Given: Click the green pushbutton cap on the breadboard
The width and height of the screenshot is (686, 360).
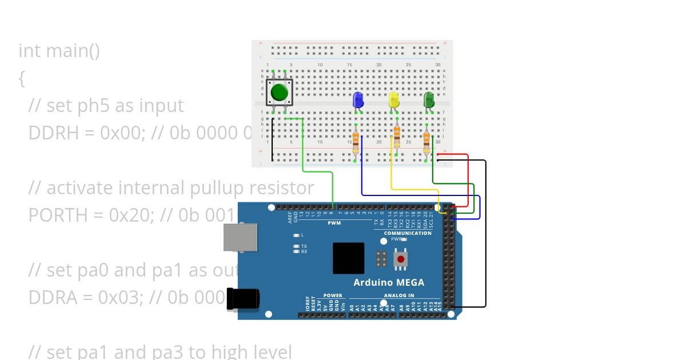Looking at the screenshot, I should click(279, 92).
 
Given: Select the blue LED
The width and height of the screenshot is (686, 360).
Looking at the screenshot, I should click(358, 100).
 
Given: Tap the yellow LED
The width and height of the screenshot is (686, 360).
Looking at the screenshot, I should click(394, 100).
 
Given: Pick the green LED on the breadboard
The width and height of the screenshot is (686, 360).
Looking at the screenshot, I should click(429, 100).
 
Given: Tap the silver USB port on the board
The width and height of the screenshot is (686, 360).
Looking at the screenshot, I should click(240, 237).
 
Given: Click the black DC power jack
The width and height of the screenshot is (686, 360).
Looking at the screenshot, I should click(243, 298).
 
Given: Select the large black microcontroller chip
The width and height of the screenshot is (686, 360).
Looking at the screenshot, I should click(349, 258).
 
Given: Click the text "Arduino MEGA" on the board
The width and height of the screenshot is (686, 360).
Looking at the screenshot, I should click(389, 282).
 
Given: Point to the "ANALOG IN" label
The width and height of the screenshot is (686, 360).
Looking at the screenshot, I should click(399, 295).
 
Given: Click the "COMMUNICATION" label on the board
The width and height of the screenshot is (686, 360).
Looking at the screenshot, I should click(408, 233).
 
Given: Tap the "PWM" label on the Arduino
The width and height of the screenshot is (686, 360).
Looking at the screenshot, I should click(334, 223).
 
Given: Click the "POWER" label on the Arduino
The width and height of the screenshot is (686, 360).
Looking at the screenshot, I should click(333, 295).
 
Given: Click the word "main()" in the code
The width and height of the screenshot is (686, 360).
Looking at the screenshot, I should click(73, 50).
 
